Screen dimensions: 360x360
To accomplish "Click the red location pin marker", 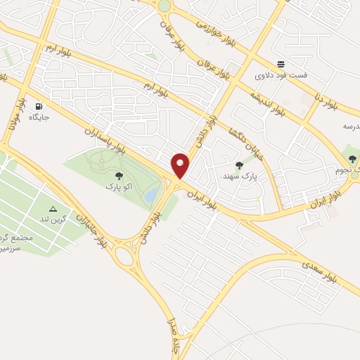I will (x=181, y=165).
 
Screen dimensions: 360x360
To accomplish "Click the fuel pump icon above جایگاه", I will (x=37, y=106).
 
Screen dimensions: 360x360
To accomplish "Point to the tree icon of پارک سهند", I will (x=239, y=165).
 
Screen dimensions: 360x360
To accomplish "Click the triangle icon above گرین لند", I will (x=53, y=210).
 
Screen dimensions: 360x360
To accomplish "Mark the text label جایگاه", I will (x=39, y=117).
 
